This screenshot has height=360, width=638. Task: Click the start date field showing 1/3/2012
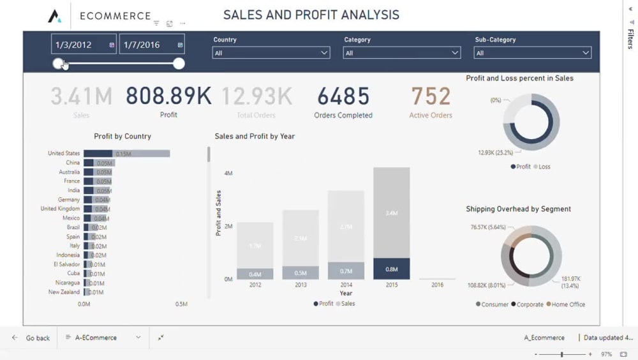click(83, 45)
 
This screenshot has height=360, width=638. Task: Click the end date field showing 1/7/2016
click(151, 45)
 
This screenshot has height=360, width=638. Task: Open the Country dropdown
click(271, 53)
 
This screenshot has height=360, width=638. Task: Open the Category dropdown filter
click(402, 53)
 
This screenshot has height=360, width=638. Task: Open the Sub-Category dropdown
click(532, 53)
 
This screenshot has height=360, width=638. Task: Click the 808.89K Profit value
click(168, 96)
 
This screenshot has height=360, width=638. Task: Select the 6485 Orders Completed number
click(343, 96)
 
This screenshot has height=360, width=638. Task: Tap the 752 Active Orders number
click(431, 96)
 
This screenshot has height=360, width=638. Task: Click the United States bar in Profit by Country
click(126, 153)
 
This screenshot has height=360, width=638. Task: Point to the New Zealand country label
click(64, 292)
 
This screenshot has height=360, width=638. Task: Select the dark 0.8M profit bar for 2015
click(391, 269)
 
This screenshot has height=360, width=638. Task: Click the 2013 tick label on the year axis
click(300, 285)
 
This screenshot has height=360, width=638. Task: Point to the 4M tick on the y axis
click(228, 174)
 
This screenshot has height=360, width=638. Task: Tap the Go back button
click(32, 338)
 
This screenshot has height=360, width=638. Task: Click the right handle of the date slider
click(179, 63)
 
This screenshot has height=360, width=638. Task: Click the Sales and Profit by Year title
click(255, 136)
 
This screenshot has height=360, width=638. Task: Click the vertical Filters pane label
click(630, 38)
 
